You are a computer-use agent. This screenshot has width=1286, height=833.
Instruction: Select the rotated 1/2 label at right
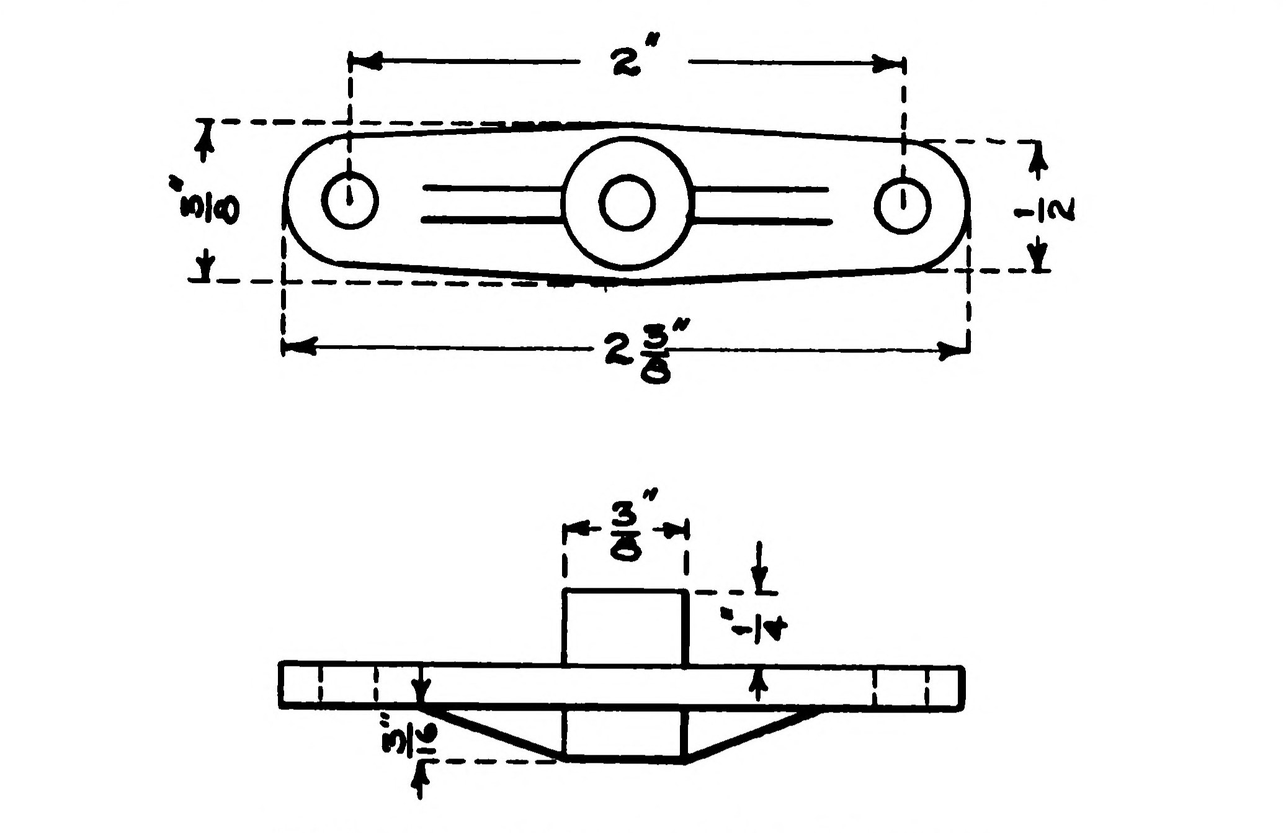point(1045,210)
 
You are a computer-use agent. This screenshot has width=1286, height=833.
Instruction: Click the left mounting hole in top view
point(350,200)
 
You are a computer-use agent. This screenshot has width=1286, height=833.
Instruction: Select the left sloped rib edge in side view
point(490,733)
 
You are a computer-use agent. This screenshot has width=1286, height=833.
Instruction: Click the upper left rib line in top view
point(490,187)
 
